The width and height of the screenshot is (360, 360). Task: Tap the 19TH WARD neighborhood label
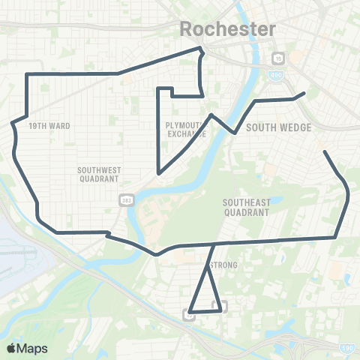tap(49, 126)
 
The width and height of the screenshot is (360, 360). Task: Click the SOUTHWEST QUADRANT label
tap(98, 175)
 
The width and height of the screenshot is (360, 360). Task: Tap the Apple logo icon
tap(11, 348)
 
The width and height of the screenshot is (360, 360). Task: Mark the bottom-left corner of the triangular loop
tap(190, 311)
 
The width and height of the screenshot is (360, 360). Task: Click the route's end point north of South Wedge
tap(303, 93)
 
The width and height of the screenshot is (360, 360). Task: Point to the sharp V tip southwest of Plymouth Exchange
tap(158, 173)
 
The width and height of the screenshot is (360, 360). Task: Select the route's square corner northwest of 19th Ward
tap(27, 74)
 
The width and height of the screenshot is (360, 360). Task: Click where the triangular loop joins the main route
tap(214, 244)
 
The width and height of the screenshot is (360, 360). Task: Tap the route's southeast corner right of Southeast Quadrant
tap(334, 237)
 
